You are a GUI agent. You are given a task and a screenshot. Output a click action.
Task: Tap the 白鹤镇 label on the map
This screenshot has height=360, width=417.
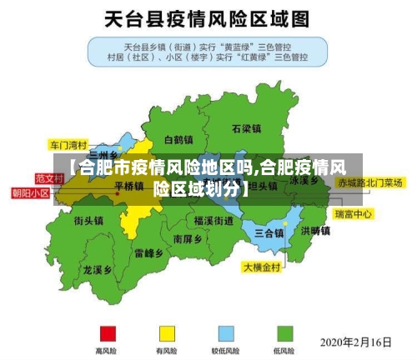(x=179, y=139)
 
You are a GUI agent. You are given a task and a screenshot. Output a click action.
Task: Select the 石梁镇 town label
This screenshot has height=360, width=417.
(x=247, y=128)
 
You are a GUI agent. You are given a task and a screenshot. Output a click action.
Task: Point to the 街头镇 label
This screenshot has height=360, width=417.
(x=88, y=221)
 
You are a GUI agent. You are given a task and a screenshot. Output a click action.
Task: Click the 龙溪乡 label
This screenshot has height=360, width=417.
(x=98, y=270)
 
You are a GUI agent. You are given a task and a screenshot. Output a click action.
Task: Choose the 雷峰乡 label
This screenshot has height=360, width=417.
(x=148, y=252)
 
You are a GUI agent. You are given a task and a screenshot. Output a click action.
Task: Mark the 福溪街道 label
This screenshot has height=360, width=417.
(x=214, y=221)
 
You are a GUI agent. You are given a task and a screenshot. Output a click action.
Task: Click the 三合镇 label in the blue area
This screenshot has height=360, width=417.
(x=269, y=232)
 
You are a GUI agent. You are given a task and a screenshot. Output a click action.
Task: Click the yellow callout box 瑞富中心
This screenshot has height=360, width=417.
(x=353, y=214)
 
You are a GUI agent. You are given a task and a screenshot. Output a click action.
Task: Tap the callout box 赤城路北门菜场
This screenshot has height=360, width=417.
(x=370, y=182)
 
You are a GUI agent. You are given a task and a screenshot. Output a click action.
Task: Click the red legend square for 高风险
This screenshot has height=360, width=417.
(x=107, y=332)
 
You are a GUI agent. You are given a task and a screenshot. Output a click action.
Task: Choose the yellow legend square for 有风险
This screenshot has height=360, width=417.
(x=167, y=332)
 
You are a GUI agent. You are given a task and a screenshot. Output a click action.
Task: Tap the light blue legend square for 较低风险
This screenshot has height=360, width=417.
(x=226, y=332)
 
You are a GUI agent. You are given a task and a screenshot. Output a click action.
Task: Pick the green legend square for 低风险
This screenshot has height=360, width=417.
(x=285, y=332)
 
